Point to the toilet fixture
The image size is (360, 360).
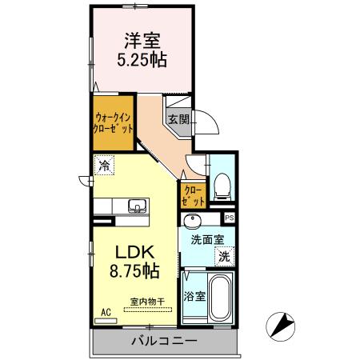point(222,187)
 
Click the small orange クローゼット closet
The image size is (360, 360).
point(193,194)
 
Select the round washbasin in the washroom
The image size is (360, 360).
point(193,222)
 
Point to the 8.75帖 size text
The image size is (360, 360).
point(132,272)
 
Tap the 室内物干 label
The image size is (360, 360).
point(146,302)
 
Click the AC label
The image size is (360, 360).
point(106,313)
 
